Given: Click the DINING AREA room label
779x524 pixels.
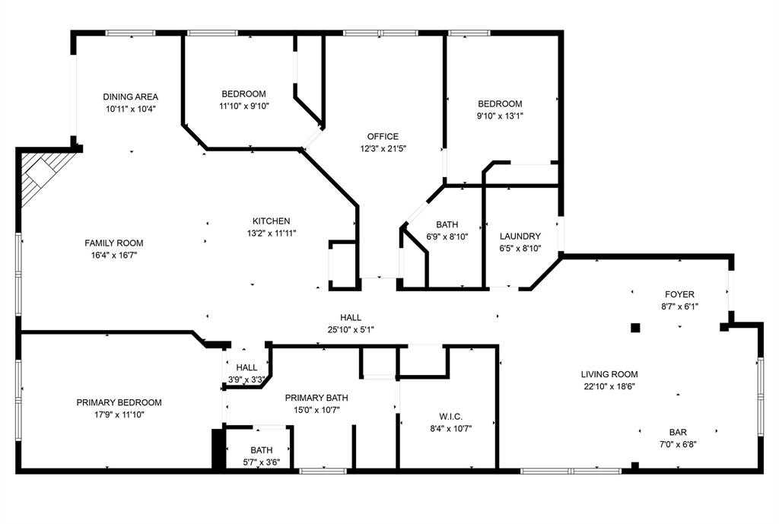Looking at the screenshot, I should click(130, 97).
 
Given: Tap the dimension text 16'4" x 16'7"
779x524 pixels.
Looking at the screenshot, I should click(113, 256).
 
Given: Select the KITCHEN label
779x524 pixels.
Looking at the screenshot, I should click(272, 221).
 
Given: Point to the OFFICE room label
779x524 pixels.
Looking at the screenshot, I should click(383, 137).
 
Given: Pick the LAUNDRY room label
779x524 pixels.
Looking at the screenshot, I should click(520, 237).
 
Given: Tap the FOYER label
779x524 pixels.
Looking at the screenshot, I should click(679, 294).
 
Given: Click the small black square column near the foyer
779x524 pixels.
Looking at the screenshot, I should click(635, 328).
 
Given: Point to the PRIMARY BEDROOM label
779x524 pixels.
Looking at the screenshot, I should click(119, 402).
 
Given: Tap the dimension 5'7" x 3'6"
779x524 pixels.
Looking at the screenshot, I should click(261, 462).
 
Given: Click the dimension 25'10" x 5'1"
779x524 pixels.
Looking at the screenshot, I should click(351, 329).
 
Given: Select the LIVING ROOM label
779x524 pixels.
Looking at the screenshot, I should click(609, 374).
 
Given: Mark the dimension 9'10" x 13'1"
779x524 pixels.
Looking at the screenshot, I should click(500, 116).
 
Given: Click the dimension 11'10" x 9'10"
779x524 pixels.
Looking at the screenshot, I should click(243, 106).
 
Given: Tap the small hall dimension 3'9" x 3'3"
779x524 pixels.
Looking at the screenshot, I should click(246, 380).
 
